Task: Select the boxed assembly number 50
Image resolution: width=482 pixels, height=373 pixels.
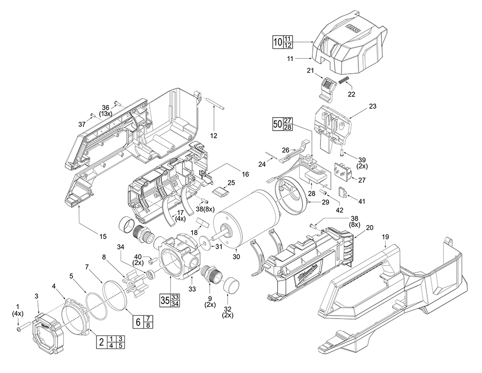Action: pos(277,123)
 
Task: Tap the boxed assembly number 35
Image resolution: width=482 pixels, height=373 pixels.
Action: pos(165,300)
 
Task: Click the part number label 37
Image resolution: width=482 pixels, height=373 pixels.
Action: pos(82,124)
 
